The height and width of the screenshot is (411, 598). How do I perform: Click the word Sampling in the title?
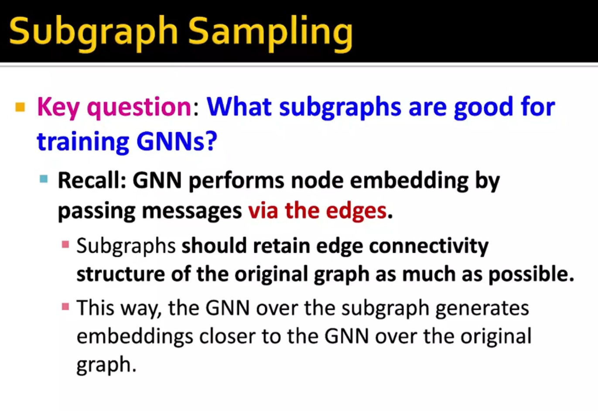[270, 33]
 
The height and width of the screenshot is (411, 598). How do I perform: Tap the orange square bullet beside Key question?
[20, 107]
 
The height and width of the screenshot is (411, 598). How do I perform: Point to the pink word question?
[139, 107]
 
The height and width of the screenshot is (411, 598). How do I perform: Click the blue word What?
[239, 107]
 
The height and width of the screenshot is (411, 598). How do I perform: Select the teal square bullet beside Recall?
[44, 179]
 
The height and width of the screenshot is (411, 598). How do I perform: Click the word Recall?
[92, 180]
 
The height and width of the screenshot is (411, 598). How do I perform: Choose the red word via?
[263, 211]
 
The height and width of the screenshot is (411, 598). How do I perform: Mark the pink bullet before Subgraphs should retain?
[65, 244]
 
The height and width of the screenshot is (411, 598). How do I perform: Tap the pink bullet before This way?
[65, 307]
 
